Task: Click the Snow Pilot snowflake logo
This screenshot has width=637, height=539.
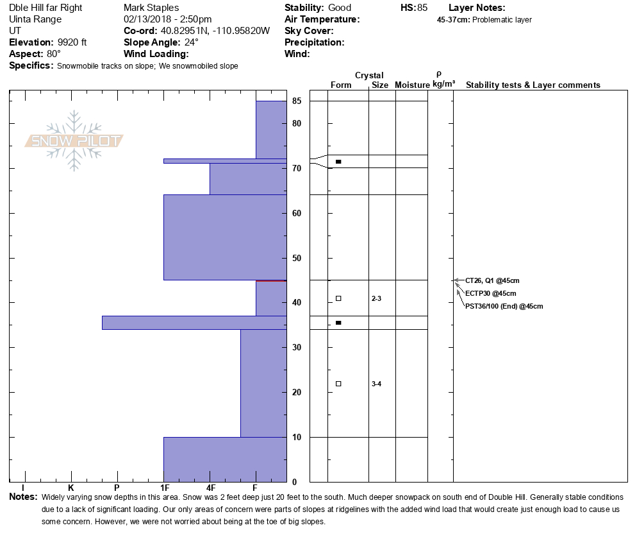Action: (x=74, y=141)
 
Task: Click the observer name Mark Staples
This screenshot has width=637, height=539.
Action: (x=151, y=8)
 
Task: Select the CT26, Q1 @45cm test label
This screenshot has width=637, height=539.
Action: (x=492, y=280)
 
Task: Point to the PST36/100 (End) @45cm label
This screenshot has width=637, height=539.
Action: (x=504, y=306)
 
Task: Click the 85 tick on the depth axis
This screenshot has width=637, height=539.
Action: (x=297, y=101)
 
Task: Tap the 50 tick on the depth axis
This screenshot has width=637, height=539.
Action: (x=297, y=258)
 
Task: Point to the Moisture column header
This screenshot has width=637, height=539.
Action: (x=411, y=85)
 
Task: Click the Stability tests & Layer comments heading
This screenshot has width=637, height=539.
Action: (x=533, y=85)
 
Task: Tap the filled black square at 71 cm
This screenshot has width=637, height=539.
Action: (x=338, y=162)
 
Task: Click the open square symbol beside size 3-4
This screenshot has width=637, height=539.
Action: (x=338, y=384)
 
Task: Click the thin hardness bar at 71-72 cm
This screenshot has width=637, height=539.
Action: (x=224, y=161)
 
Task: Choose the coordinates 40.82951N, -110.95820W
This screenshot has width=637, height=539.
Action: (x=214, y=31)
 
